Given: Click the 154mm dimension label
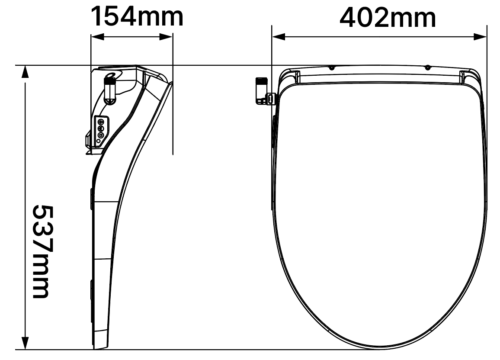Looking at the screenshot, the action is point(138,16).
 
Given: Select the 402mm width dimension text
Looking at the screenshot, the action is point(388,18).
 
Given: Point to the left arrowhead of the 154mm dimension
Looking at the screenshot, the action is point(98,37).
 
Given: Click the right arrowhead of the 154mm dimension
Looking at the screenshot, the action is point(166,37).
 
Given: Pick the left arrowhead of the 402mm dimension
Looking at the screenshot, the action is point(279,37).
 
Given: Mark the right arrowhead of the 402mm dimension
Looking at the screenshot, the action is point(480,37).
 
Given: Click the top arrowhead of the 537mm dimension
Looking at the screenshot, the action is point(25,72).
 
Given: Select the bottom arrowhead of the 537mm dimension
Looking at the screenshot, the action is point(25,343).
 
